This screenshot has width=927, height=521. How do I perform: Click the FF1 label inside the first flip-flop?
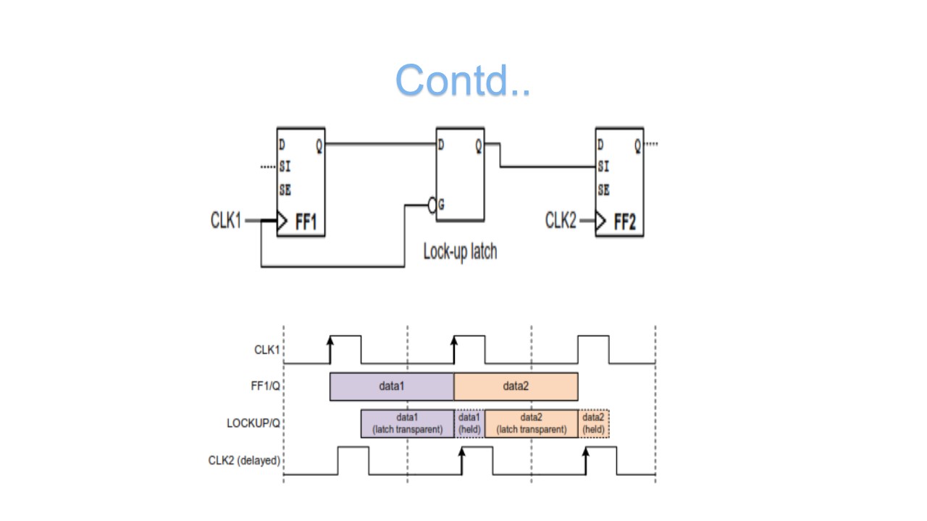pos(306,222)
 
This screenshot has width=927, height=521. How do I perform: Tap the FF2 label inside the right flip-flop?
pos(624,222)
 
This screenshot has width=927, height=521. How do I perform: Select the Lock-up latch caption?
pos(460,252)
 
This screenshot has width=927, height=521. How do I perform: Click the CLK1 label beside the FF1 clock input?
pos(226,221)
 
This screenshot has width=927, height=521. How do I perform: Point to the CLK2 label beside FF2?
pos(561,221)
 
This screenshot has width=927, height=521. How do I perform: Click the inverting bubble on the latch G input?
pos(433,206)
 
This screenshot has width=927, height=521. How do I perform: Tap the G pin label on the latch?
pos(442,206)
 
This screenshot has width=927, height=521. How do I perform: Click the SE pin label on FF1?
pos(285,190)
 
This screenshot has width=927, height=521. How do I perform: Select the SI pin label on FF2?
pos(603,167)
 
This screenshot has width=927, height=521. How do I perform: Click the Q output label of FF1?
pos(319,145)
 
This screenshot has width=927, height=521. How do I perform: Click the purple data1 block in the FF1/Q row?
pos(391,386)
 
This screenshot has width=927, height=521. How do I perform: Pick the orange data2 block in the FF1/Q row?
pos(516,386)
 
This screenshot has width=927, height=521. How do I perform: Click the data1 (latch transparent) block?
pos(407,423)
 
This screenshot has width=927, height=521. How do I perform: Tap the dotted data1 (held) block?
pos(469,423)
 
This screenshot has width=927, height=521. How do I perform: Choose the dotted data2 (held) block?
pos(594,423)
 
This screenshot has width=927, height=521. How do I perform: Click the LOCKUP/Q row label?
pos(253,423)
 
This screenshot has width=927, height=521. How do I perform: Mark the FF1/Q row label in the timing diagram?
pos(265,386)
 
